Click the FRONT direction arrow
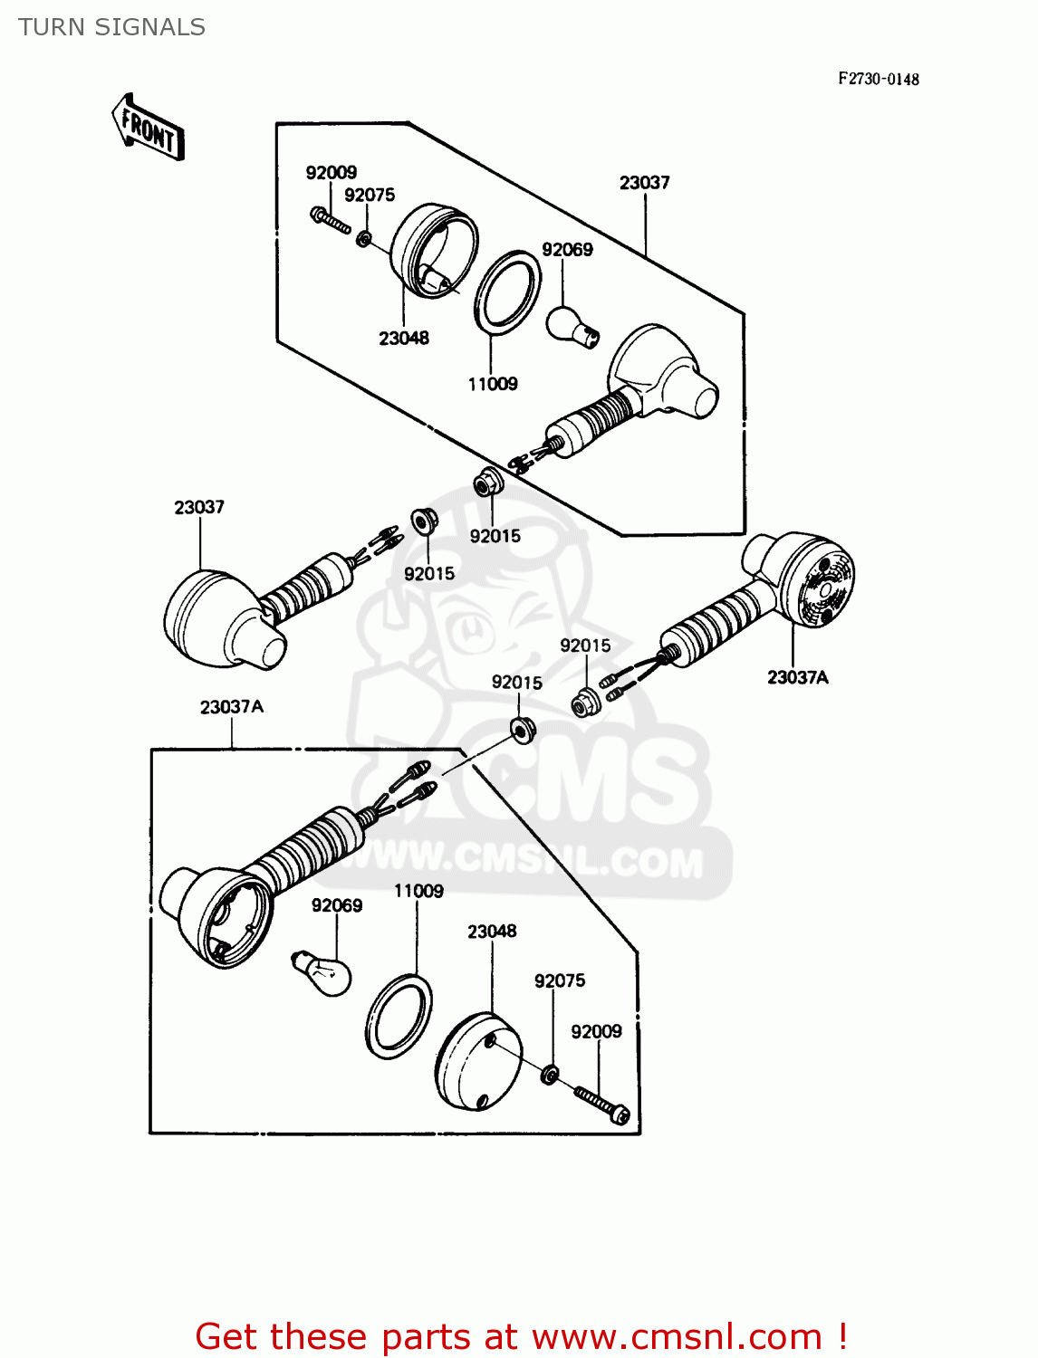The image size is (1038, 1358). pos(148,128)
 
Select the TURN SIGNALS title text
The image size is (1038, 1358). pos(111,27)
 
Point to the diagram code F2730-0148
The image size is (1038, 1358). pos(878,79)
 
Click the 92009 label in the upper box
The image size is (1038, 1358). pos(331,172)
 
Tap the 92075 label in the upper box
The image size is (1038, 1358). pos(370,195)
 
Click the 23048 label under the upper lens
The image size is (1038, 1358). pos(404,338)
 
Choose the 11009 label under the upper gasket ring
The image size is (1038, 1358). pos(493,384)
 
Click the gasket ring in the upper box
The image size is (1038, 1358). pos(508,291)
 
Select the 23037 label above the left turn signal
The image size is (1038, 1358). pos(199,507)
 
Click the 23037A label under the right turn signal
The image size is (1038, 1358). pos(797,677)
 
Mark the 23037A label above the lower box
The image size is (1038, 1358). pos(232,706)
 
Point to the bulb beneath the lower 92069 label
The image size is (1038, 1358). pos(322,973)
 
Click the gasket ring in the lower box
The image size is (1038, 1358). pos(399,1016)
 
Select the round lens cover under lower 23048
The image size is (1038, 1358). pos(479,1060)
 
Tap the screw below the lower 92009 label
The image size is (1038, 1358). pos(601,1105)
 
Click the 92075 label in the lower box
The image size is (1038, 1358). pos(560,980)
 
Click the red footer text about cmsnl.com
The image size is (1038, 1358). pos(521,1336)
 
